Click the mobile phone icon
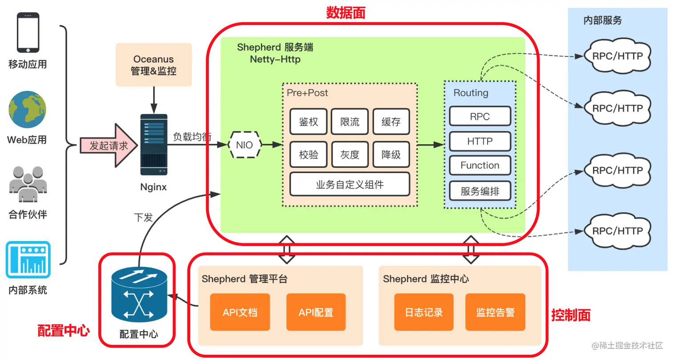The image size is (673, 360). (28, 32)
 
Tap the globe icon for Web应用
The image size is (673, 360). (28, 109)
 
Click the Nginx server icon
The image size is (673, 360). (154, 145)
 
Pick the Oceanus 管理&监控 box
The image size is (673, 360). (154, 65)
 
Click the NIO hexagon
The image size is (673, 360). (244, 145)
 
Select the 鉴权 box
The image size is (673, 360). (308, 121)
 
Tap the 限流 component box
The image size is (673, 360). (349, 121)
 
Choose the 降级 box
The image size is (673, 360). (391, 154)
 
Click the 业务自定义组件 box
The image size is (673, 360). (349, 184)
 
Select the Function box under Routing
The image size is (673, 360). (480, 166)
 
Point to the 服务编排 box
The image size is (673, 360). (480, 192)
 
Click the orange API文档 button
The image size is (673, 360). (240, 312)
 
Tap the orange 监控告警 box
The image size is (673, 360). (495, 312)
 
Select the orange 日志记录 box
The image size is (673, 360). (424, 312)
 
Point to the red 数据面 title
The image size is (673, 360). (345, 13)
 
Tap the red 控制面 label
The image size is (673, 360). (571, 316)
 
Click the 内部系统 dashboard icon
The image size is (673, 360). (28, 260)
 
